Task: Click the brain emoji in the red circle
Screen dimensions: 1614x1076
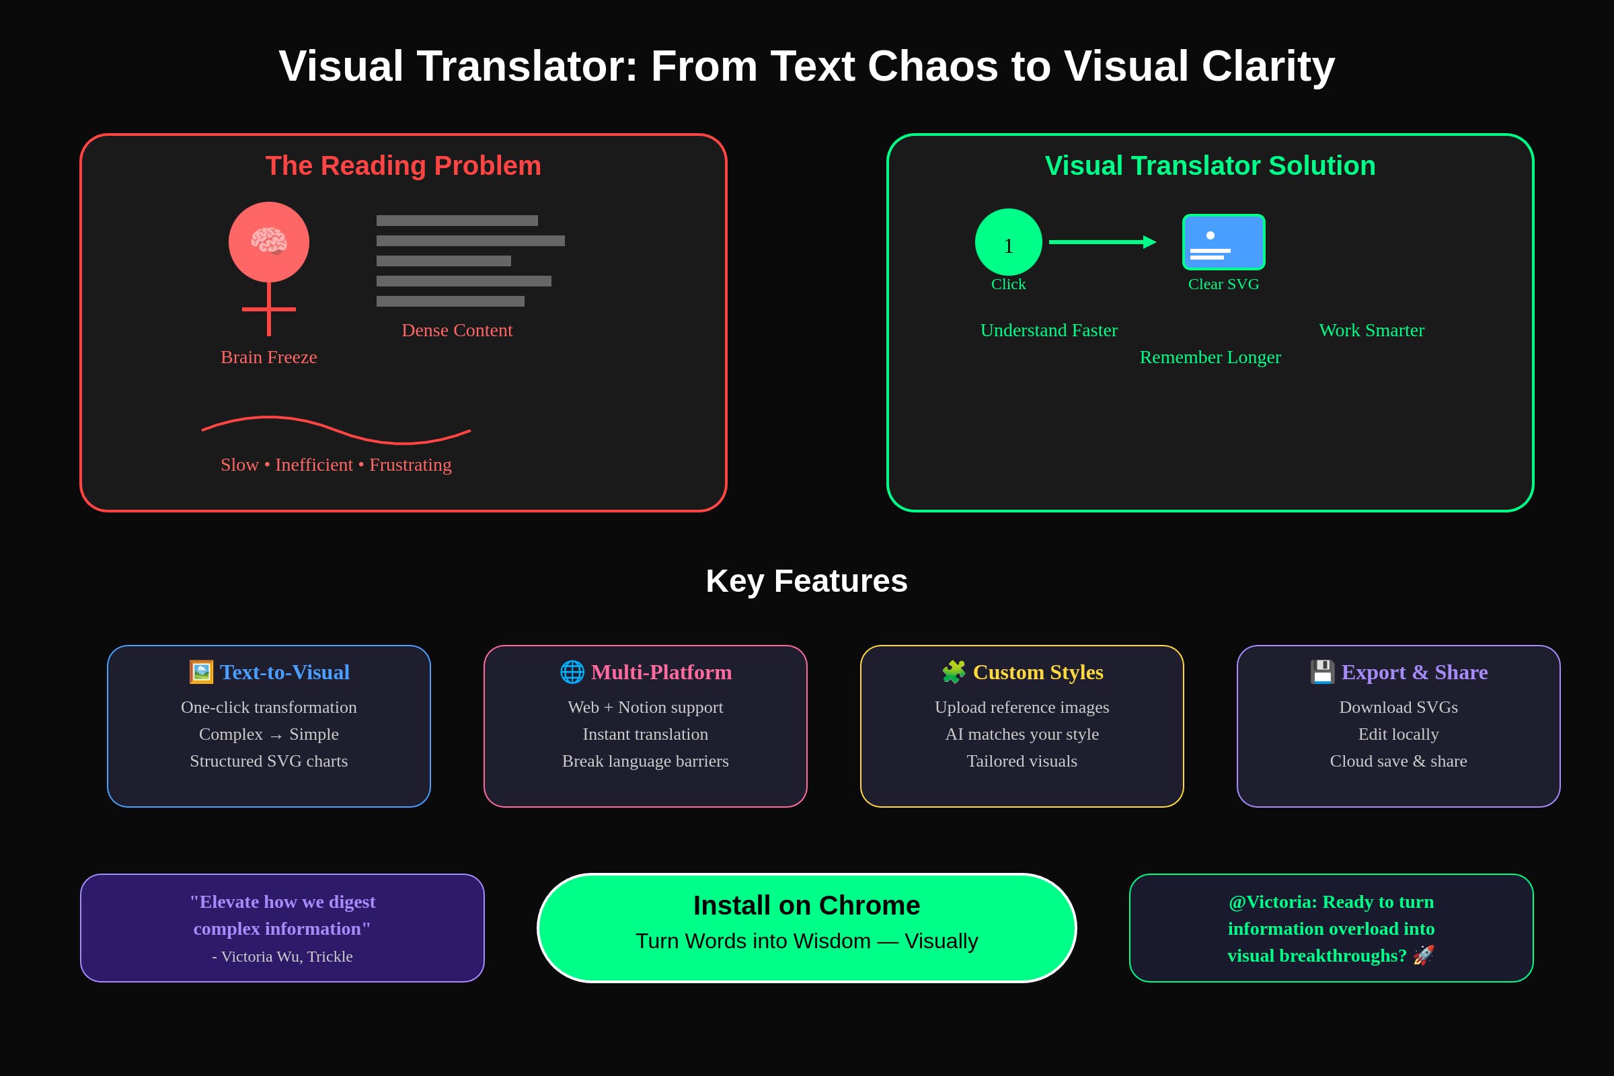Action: (x=269, y=241)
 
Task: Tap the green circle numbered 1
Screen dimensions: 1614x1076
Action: (x=1008, y=242)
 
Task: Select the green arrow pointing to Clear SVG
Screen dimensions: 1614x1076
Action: (x=1102, y=241)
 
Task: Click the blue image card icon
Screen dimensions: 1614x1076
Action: (x=1223, y=242)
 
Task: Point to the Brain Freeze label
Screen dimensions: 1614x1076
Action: (x=269, y=357)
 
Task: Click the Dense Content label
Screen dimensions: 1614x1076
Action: (x=457, y=330)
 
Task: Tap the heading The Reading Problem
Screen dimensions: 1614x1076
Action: (x=403, y=165)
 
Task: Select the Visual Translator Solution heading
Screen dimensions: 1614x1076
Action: (x=1210, y=165)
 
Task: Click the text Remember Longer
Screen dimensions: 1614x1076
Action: (x=1210, y=357)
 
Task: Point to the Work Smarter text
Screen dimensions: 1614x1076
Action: (x=1371, y=330)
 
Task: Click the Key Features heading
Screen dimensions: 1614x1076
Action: (x=807, y=580)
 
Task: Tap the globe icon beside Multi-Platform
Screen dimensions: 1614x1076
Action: (x=572, y=672)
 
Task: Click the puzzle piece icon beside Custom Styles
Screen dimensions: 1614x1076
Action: (x=954, y=672)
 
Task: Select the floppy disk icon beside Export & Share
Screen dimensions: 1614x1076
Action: (x=1322, y=672)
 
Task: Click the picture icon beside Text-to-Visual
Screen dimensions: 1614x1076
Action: (x=201, y=672)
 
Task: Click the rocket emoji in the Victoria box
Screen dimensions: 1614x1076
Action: (x=1423, y=954)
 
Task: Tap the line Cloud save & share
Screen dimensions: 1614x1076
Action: (x=1399, y=761)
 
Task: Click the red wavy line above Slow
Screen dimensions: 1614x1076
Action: (x=336, y=430)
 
